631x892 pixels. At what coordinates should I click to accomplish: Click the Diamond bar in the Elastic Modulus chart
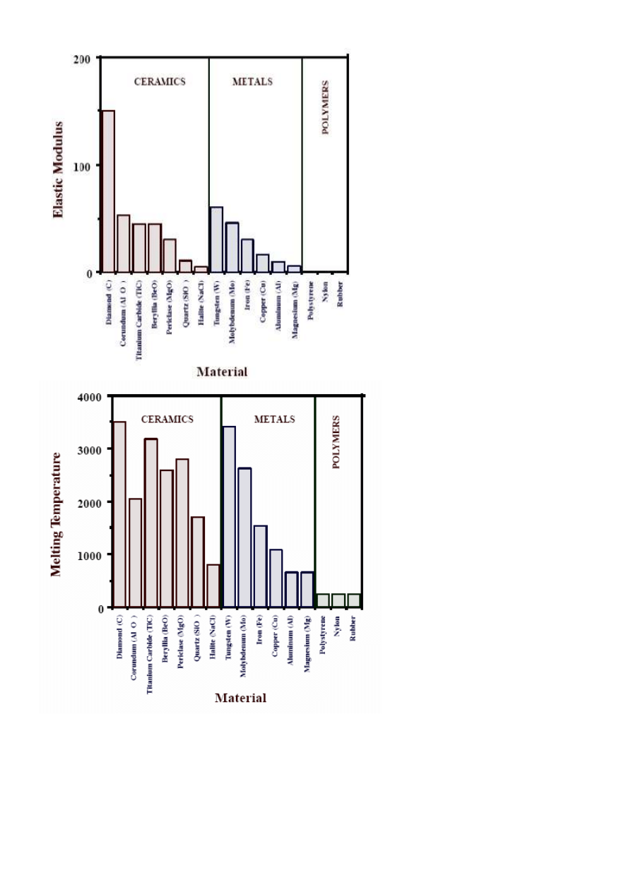click(x=108, y=191)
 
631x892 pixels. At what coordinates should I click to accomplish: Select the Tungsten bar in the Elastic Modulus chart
click(x=216, y=239)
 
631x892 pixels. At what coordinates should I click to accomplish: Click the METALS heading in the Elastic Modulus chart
click(x=252, y=81)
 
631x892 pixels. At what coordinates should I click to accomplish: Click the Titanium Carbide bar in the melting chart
click(x=151, y=523)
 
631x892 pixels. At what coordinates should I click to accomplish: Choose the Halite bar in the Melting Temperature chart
click(x=213, y=585)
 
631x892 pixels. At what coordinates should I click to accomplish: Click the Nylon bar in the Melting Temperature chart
click(x=338, y=600)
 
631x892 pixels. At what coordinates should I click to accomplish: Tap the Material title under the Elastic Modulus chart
click(x=222, y=371)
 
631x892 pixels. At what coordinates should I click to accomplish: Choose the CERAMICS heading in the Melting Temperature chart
click(x=167, y=420)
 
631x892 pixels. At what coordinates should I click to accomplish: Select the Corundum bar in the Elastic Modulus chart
click(x=124, y=244)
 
